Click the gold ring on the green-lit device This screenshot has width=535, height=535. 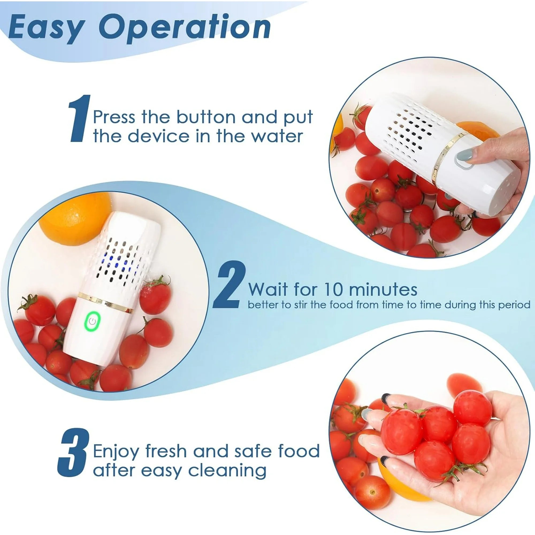[105, 301]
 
